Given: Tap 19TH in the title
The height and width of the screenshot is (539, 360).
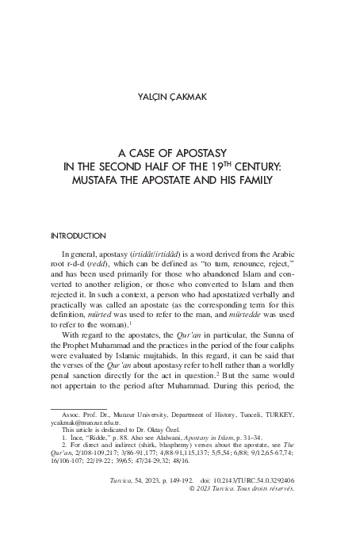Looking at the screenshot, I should click(x=226, y=167).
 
